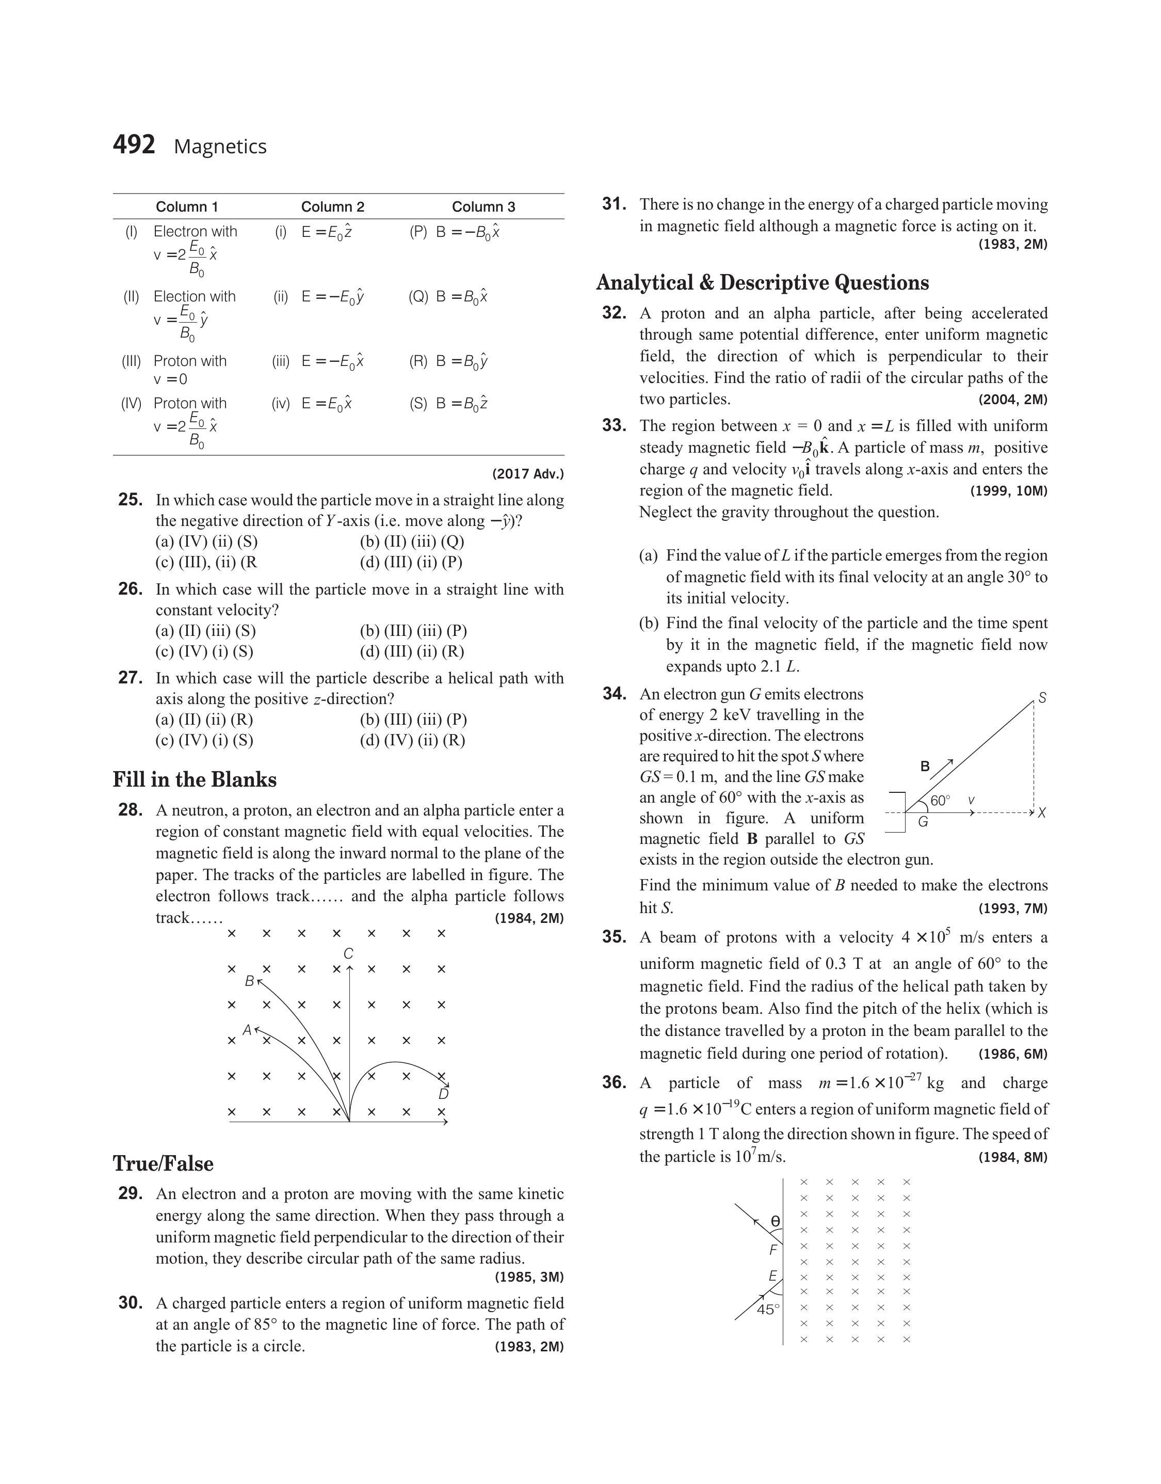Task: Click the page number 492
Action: tap(134, 145)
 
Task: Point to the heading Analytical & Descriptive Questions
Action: tap(763, 282)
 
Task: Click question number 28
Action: tap(130, 810)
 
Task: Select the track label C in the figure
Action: tap(349, 954)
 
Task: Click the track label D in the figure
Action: tap(443, 1094)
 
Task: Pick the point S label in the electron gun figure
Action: tap(1042, 698)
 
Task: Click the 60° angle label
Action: tap(940, 801)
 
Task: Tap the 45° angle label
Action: tap(767, 1310)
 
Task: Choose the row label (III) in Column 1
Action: tap(131, 361)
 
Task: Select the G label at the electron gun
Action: tap(923, 822)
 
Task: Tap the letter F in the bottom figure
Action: tap(773, 1250)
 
